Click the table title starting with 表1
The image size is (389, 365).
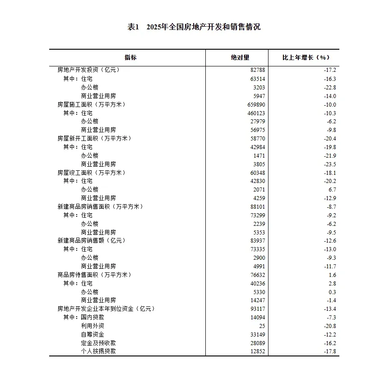click(194, 27)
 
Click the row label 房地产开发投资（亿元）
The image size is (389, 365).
click(89, 70)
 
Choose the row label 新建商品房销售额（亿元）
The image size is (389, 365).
click(92, 241)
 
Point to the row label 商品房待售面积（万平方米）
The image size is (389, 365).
click(94, 275)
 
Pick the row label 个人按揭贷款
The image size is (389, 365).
click(98, 351)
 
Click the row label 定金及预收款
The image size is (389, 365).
click(98, 343)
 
